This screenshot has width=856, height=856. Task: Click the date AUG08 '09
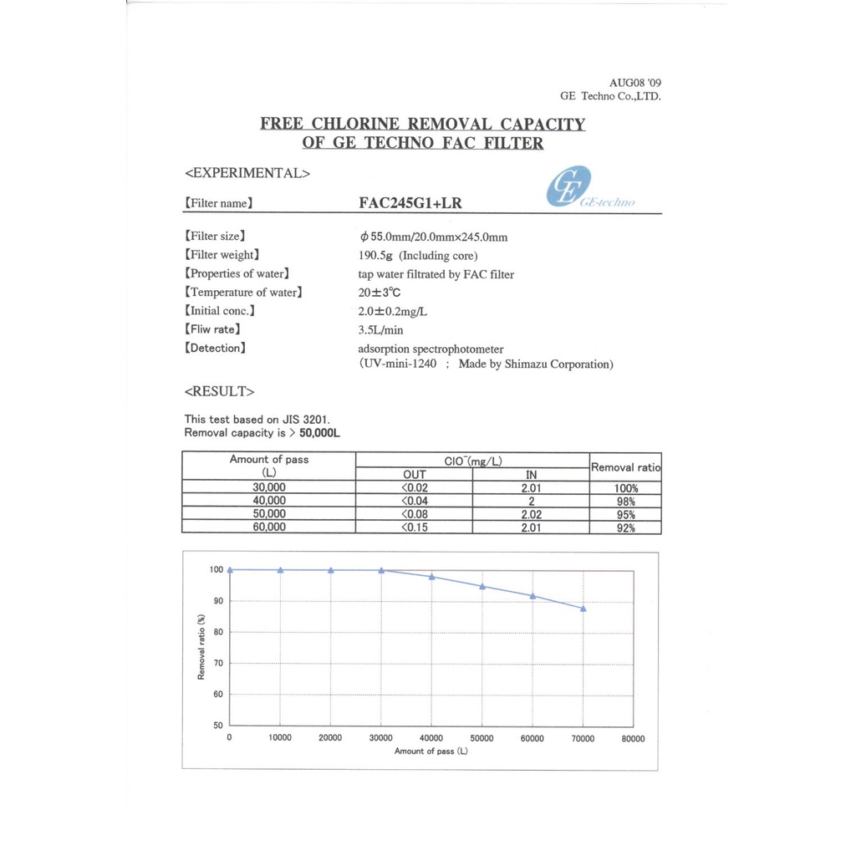tap(634, 83)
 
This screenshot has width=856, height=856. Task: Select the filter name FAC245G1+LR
tap(410, 203)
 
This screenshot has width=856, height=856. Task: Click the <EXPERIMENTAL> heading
tap(247, 173)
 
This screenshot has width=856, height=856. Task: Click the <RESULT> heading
tap(219, 390)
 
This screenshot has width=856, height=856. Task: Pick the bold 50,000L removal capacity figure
tap(319, 433)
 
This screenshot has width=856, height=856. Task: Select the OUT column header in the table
tap(415, 475)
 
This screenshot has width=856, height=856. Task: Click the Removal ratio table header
tap(625, 467)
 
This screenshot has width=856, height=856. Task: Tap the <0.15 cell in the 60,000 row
tap(415, 527)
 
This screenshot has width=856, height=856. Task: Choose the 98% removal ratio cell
tap(625, 502)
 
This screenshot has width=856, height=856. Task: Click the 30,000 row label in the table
tap(268, 487)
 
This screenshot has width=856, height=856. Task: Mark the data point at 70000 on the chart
tap(583, 609)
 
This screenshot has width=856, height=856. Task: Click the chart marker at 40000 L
tap(431, 577)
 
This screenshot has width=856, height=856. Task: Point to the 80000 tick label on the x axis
tap(633, 738)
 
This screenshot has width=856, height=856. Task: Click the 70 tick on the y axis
tap(217, 663)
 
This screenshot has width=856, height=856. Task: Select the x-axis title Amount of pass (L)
tap(431, 752)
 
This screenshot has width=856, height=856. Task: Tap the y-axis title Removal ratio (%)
tap(201, 647)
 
